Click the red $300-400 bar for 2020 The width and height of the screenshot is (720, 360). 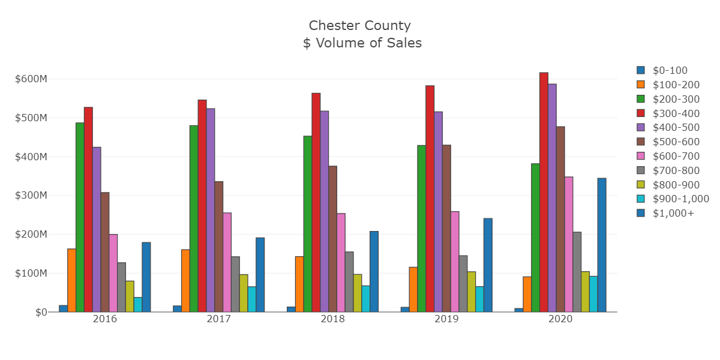pyautogui.click(x=544, y=192)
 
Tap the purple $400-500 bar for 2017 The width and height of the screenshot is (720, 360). pyautogui.click(x=211, y=210)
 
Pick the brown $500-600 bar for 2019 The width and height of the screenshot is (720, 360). pyautogui.click(x=446, y=228)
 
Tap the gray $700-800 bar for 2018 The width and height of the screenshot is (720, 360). pyautogui.click(x=349, y=281)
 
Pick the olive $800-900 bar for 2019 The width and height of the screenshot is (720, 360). pyautogui.click(x=471, y=292)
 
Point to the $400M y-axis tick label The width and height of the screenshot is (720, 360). pyautogui.click(x=31, y=157)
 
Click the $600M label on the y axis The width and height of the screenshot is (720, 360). pyautogui.click(x=31, y=79)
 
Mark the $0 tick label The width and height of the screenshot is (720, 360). pyautogui.click(x=41, y=312)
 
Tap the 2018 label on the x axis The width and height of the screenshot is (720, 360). pyautogui.click(x=332, y=319)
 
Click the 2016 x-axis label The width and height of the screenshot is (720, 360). pyautogui.click(x=104, y=319)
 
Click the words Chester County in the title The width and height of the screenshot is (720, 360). pyautogui.click(x=360, y=25)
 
